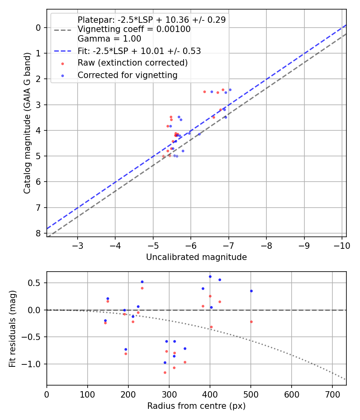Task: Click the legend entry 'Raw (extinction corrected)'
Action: [x=132, y=63]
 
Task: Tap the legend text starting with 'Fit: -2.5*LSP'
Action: [x=139, y=51]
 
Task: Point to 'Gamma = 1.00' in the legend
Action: [x=109, y=39]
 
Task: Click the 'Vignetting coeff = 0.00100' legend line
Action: [x=134, y=29]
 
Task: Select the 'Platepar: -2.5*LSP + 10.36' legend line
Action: [x=152, y=20]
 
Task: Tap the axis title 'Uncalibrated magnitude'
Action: [x=196, y=257]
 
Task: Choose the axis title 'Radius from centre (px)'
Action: [x=196, y=406]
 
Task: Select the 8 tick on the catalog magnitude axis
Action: [x=38, y=233]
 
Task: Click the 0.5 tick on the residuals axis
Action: [x=37, y=283]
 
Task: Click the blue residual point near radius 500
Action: [x=251, y=291]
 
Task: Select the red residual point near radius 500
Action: [x=251, y=322]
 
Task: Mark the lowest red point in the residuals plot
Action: [x=165, y=372]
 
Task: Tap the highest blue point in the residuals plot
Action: [x=210, y=276]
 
